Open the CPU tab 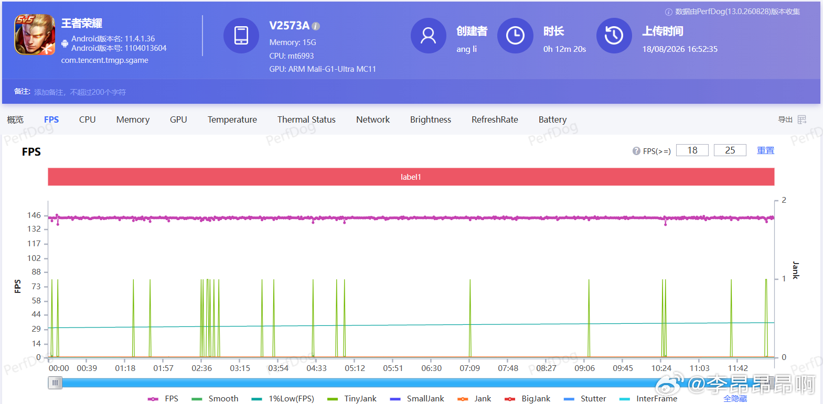click(x=88, y=119)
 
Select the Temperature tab click(x=232, y=119)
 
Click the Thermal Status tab click(x=306, y=119)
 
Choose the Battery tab click(x=552, y=119)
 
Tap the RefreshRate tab click(x=495, y=119)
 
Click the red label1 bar click(x=411, y=177)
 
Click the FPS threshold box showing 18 click(x=692, y=150)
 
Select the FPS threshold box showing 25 click(x=730, y=150)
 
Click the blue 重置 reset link click(x=766, y=150)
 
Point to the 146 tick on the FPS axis click(x=34, y=215)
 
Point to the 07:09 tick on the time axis click(x=469, y=368)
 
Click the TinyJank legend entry click(x=352, y=398)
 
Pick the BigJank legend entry click(x=528, y=398)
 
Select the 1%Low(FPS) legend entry click(x=283, y=398)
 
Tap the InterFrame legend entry click(x=648, y=398)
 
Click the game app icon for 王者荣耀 click(x=35, y=35)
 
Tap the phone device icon click(x=241, y=36)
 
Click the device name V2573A click(x=289, y=25)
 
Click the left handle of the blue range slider click(x=55, y=383)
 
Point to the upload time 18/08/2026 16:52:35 click(x=680, y=49)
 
